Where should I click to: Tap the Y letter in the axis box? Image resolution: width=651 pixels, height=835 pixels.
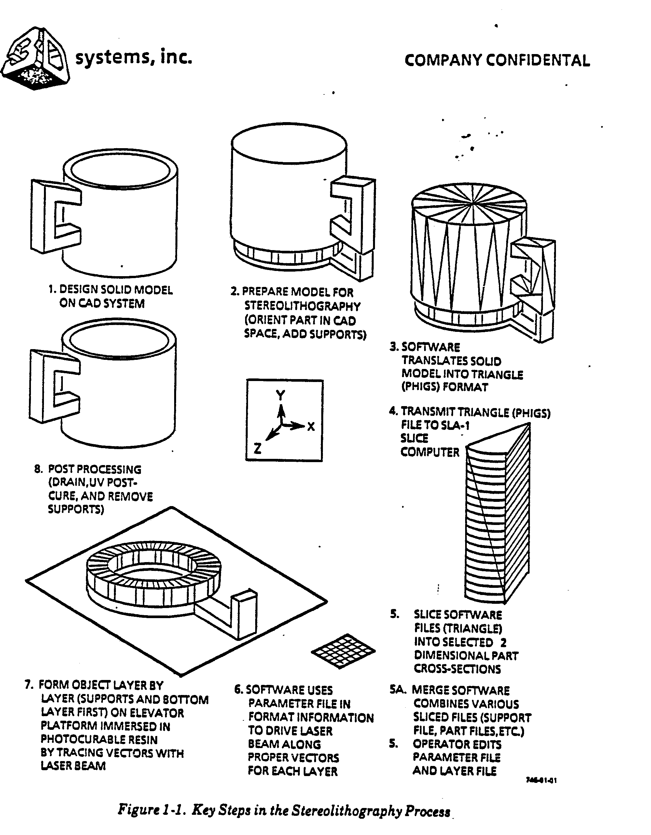click(281, 395)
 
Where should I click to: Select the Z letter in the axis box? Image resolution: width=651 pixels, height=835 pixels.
click(257, 448)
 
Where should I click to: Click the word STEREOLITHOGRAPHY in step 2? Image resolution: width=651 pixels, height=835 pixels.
click(302, 306)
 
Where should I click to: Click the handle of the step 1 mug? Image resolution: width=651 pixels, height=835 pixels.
click(55, 216)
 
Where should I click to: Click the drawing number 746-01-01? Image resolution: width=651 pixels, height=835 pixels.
click(541, 780)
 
